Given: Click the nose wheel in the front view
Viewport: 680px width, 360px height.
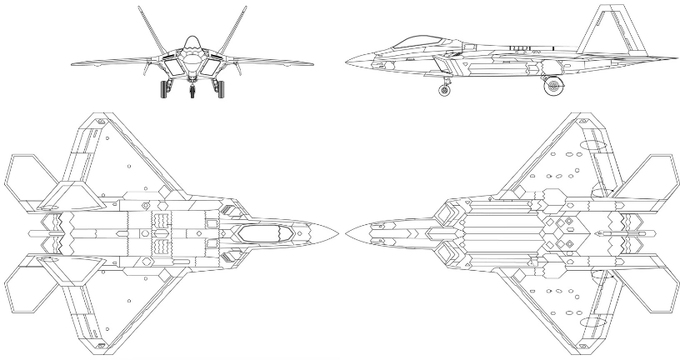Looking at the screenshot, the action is pos(192,90).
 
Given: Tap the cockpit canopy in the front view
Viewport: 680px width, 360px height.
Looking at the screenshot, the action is pos(192,42).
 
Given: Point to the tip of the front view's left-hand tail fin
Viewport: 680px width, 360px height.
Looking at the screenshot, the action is pos(139,7).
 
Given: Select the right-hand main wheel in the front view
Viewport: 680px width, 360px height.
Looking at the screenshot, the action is pos(221,88).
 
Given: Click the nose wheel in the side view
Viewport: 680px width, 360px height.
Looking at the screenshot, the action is pos(445,89).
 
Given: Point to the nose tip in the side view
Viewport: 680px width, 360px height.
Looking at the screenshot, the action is pos(345,61).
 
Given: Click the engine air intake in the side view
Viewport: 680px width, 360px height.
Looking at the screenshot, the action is pos(385,63).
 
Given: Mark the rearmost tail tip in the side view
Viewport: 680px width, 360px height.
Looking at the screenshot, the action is pos(676,58).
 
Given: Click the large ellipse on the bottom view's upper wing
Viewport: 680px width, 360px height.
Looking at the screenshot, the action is pos(592,143).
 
